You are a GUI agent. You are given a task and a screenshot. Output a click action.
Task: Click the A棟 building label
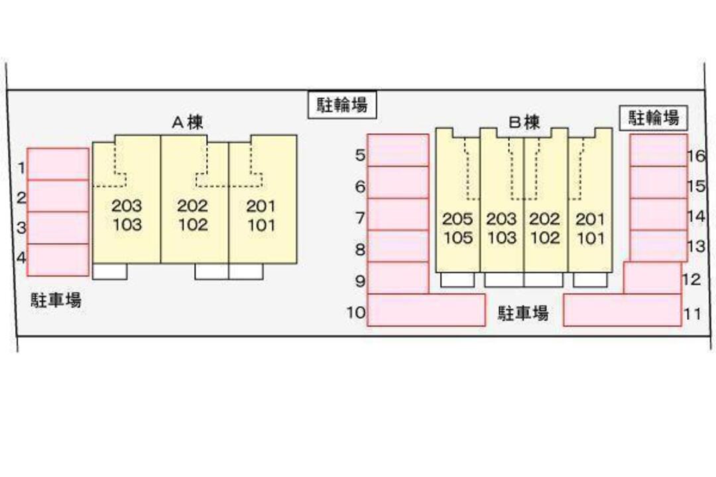(x=188, y=123)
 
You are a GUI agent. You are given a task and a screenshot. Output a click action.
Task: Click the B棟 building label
(x=524, y=123)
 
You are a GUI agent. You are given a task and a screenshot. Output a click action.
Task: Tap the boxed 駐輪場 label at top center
(x=342, y=105)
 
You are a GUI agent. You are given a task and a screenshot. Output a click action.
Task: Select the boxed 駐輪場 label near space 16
(x=654, y=118)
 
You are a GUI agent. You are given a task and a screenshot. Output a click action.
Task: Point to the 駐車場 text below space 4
(x=56, y=300)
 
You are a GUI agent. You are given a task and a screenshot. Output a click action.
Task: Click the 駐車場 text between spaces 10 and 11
(x=524, y=313)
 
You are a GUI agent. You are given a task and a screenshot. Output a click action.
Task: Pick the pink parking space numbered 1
(x=58, y=164)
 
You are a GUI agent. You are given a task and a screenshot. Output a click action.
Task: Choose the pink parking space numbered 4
(x=58, y=260)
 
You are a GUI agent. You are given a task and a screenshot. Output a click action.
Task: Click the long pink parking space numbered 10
(x=426, y=310)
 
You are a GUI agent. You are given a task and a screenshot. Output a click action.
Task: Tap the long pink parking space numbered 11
(x=622, y=310)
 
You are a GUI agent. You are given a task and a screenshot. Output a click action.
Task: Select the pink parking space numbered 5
(x=398, y=150)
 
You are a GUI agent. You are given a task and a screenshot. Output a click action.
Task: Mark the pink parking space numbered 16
(x=658, y=150)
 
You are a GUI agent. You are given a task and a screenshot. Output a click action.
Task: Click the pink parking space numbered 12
(x=652, y=278)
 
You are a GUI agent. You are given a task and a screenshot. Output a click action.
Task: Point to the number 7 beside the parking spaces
(x=361, y=218)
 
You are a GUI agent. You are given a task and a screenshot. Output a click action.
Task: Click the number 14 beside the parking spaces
(x=695, y=216)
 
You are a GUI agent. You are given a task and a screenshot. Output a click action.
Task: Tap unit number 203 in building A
(x=127, y=206)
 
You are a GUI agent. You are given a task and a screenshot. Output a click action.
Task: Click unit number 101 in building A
(x=261, y=225)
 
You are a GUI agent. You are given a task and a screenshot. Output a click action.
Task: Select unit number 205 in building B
(x=457, y=219)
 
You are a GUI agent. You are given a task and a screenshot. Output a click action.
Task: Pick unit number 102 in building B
(x=545, y=238)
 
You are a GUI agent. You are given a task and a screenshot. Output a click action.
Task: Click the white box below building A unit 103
(x=109, y=272)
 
